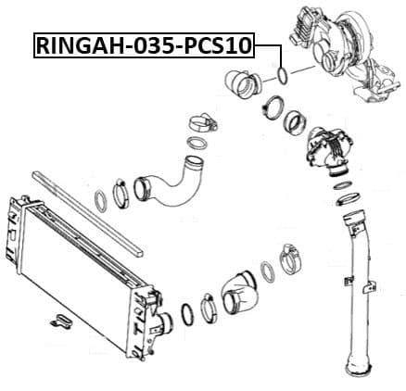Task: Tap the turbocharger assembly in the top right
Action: point(339,51)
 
